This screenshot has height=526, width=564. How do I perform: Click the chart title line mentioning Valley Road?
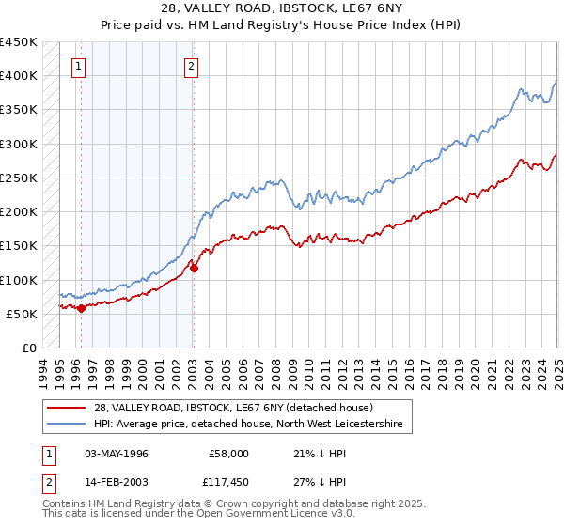pos(281,9)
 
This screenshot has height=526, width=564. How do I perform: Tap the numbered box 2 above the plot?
pos(191,66)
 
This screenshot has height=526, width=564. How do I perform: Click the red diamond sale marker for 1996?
pos(81,308)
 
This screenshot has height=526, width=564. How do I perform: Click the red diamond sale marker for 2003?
pos(194,268)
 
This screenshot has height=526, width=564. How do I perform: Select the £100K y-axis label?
pos(20,280)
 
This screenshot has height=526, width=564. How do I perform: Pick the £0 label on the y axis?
pos(29,348)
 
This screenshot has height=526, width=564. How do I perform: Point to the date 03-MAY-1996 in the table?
pos(117,453)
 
